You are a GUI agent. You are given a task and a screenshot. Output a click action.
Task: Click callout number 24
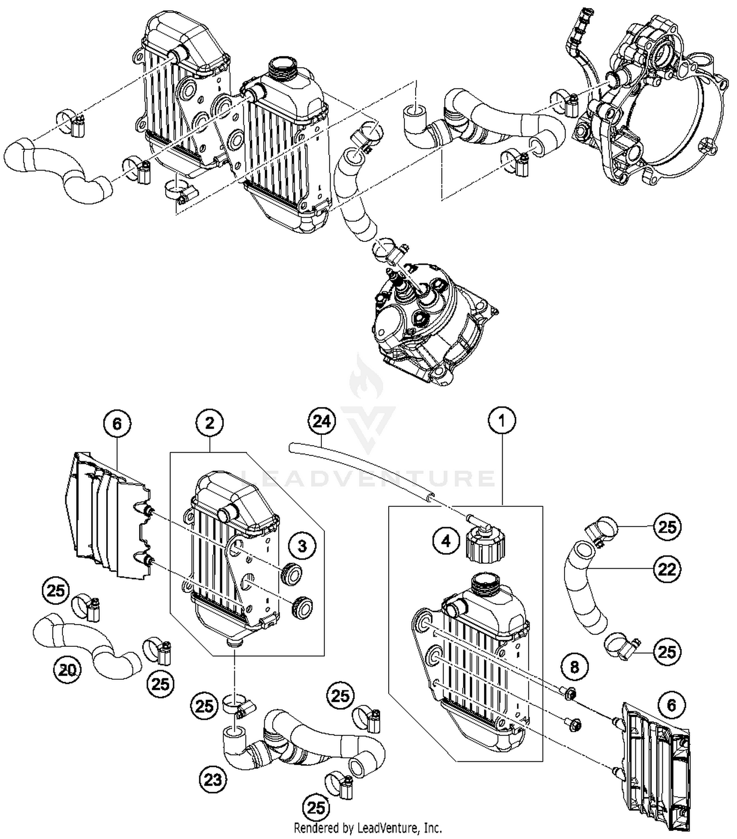(322, 422)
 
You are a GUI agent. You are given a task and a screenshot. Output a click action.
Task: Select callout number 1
(502, 421)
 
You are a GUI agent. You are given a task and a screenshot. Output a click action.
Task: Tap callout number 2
(210, 423)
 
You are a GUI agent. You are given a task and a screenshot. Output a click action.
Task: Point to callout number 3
(302, 546)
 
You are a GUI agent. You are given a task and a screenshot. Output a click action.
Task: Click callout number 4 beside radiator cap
(446, 541)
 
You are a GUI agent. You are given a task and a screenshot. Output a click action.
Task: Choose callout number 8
(574, 667)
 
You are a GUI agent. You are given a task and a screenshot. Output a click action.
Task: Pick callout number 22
(667, 570)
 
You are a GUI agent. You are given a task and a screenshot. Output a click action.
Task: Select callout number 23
(213, 780)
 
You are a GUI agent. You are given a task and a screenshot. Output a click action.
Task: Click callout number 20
(67, 669)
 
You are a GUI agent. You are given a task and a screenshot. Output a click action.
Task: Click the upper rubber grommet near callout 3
(292, 574)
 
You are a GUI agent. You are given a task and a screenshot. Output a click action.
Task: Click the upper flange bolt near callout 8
(570, 693)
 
